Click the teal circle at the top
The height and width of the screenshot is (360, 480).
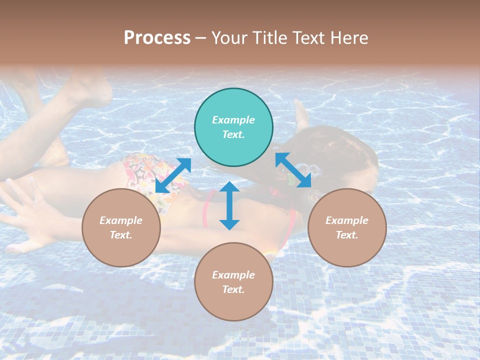tap(233, 127)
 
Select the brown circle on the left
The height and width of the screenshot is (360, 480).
tap(121, 227)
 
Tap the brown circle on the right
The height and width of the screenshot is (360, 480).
tap(347, 227)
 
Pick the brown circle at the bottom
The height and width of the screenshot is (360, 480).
tap(233, 282)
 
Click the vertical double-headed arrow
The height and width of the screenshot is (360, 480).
tap(229, 205)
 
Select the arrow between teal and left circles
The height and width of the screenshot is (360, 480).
tap(173, 175)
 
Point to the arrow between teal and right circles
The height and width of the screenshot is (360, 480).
tap(293, 170)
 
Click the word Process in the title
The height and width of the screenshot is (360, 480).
tap(157, 38)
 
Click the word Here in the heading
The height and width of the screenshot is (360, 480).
tap(348, 38)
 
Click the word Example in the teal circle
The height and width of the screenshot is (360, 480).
tap(233, 120)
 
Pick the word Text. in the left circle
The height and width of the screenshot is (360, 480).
tap(121, 235)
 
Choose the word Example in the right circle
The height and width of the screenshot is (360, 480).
tap(347, 220)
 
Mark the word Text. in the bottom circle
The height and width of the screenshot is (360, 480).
tap(233, 289)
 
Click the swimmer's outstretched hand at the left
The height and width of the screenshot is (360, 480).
tap(25, 210)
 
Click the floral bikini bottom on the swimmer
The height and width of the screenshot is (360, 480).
tap(142, 172)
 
